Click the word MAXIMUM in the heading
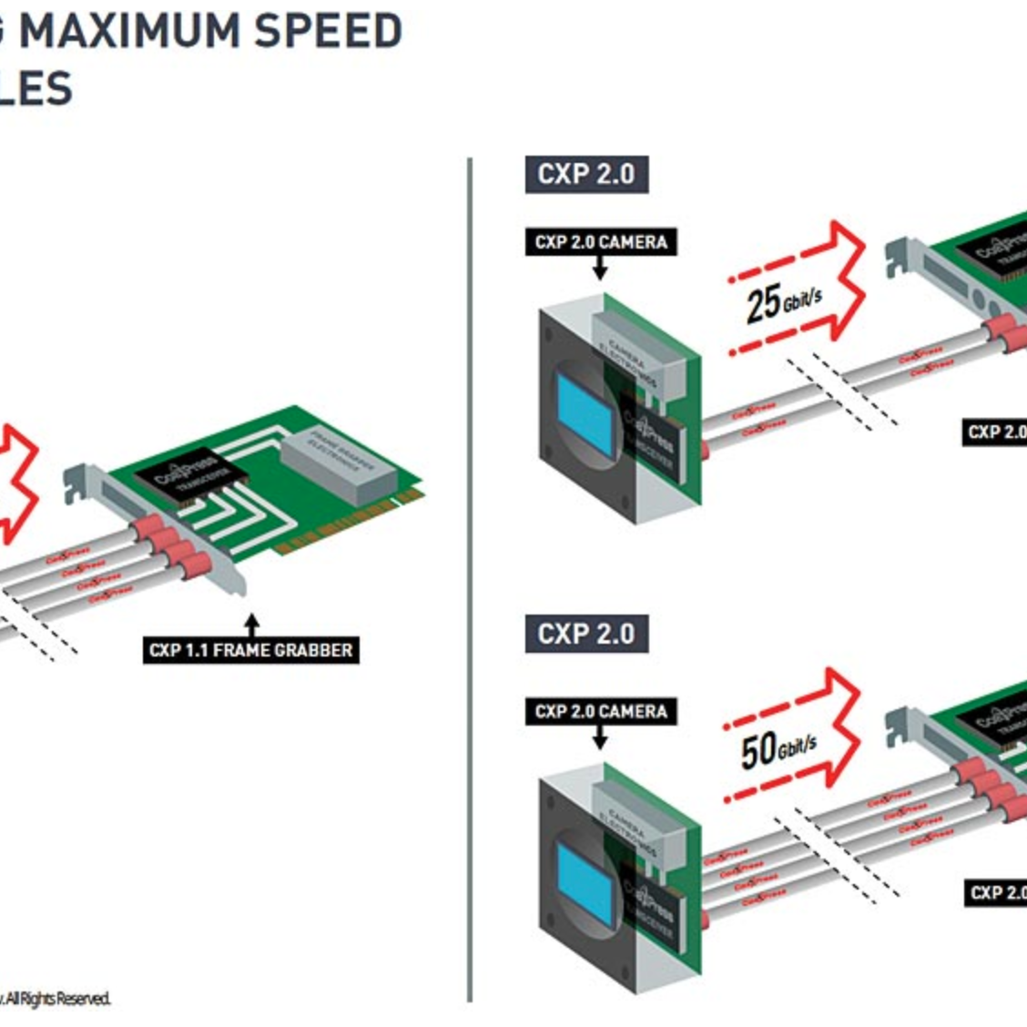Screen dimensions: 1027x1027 [129, 32]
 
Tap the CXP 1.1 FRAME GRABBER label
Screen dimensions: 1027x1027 [251, 650]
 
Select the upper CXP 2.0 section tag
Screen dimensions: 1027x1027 [586, 174]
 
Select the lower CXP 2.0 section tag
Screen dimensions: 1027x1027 [586, 634]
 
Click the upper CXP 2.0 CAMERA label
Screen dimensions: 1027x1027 [601, 242]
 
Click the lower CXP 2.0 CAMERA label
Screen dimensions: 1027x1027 [601, 711]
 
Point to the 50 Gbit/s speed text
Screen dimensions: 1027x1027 [777, 748]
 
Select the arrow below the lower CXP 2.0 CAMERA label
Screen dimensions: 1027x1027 [599, 737]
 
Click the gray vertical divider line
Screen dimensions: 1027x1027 [470, 583]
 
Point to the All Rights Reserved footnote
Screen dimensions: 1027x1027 [56, 999]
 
